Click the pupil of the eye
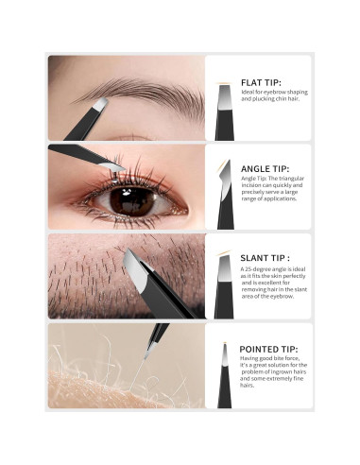click(131, 200)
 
